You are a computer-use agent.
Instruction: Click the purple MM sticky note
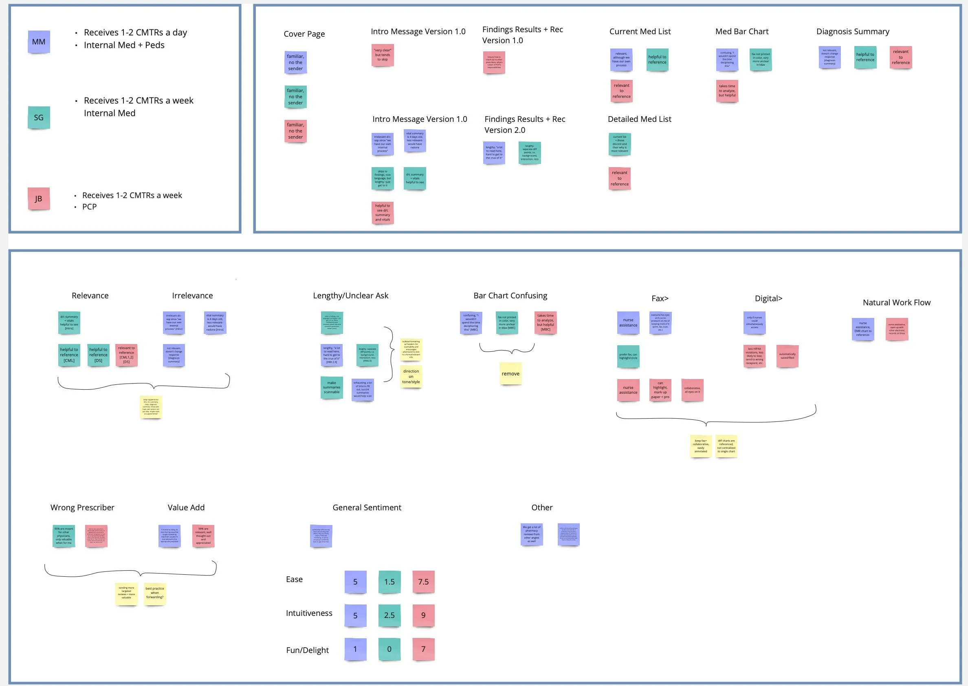pos(39,42)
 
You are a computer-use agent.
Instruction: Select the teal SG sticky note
pos(39,117)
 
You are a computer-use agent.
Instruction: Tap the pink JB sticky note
pos(39,199)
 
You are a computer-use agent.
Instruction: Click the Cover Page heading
pos(304,34)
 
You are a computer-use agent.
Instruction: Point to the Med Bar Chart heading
pos(742,31)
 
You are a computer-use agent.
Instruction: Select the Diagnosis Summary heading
pos(852,31)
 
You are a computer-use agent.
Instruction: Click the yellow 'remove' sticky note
pos(510,373)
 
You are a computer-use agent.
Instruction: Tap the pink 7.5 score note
pos(423,582)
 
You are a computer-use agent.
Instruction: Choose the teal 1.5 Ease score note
pos(389,582)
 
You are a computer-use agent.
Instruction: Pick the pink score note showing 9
pos(423,615)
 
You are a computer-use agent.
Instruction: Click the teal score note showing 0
pos(389,649)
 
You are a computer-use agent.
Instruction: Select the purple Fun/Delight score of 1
pos(355,649)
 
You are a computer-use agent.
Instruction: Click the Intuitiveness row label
pos(309,613)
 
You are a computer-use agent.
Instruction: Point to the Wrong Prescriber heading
pos(82,507)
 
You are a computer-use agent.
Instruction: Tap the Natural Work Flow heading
pos(896,302)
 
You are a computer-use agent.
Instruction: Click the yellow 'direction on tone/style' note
pos(411,376)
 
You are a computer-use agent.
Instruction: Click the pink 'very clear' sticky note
pos(383,55)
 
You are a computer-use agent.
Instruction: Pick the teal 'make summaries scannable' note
pos(331,387)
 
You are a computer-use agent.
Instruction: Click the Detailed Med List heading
pos(639,119)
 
